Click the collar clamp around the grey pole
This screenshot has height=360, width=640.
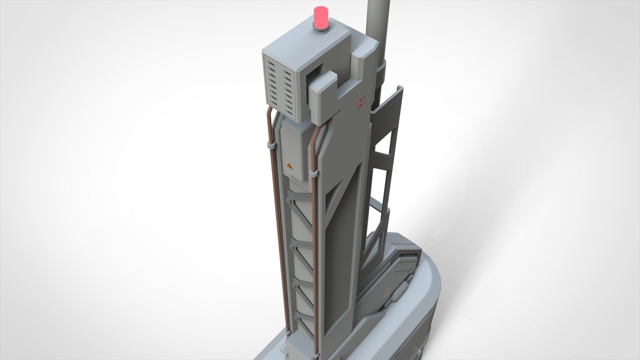coord(381,72)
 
